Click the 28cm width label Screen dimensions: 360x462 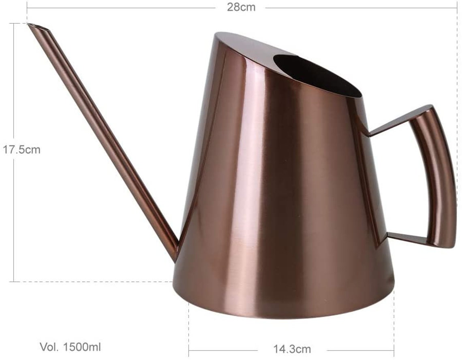point(241,8)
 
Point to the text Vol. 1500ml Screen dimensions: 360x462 point(71,347)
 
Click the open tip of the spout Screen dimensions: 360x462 point(39,28)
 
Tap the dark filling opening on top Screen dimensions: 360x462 point(316,75)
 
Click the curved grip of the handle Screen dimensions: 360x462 point(440,178)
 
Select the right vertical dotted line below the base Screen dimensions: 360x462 point(394,324)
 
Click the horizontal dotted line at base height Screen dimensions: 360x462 point(93,281)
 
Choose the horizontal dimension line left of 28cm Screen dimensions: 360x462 point(122,8)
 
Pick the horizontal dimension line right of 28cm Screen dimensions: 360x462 point(361,8)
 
